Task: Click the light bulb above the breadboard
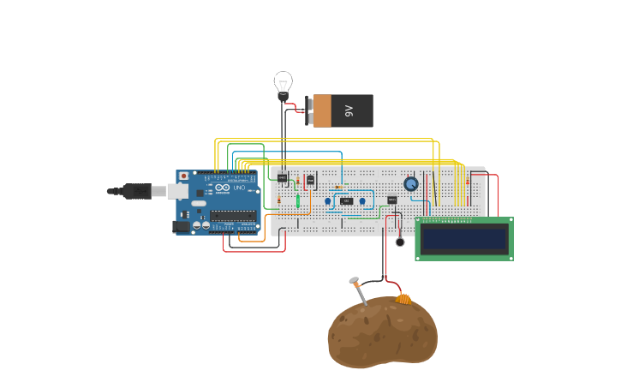tap(283, 84)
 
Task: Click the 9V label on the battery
tap(349, 110)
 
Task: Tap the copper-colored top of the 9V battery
tap(322, 110)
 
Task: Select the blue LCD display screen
tap(463, 239)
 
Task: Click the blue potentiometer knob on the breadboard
tap(411, 184)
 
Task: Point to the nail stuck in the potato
tap(358, 291)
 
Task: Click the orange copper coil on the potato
tap(403, 299)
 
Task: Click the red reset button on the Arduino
tap(183, 176)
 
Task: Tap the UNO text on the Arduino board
tap(239, 188)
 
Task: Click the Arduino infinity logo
tap(222, 188)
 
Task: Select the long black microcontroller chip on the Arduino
tap(233, 215)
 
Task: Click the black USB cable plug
tap(135, 191)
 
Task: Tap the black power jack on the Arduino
tap(181, 227)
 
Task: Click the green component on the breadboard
tap(298, 201)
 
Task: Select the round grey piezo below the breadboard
tap(400, 242)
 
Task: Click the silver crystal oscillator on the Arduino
tap(199, 204)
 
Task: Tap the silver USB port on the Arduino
tap(179, 191)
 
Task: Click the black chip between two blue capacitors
tap(346, 201)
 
